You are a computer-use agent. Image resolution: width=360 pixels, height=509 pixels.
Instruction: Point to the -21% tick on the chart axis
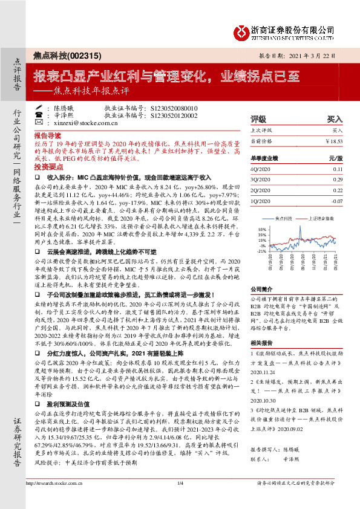point(261,251)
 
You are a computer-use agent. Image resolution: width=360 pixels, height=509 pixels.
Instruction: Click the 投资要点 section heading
point(48,166)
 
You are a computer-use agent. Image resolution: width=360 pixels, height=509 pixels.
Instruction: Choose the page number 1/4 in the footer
point(180,500)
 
